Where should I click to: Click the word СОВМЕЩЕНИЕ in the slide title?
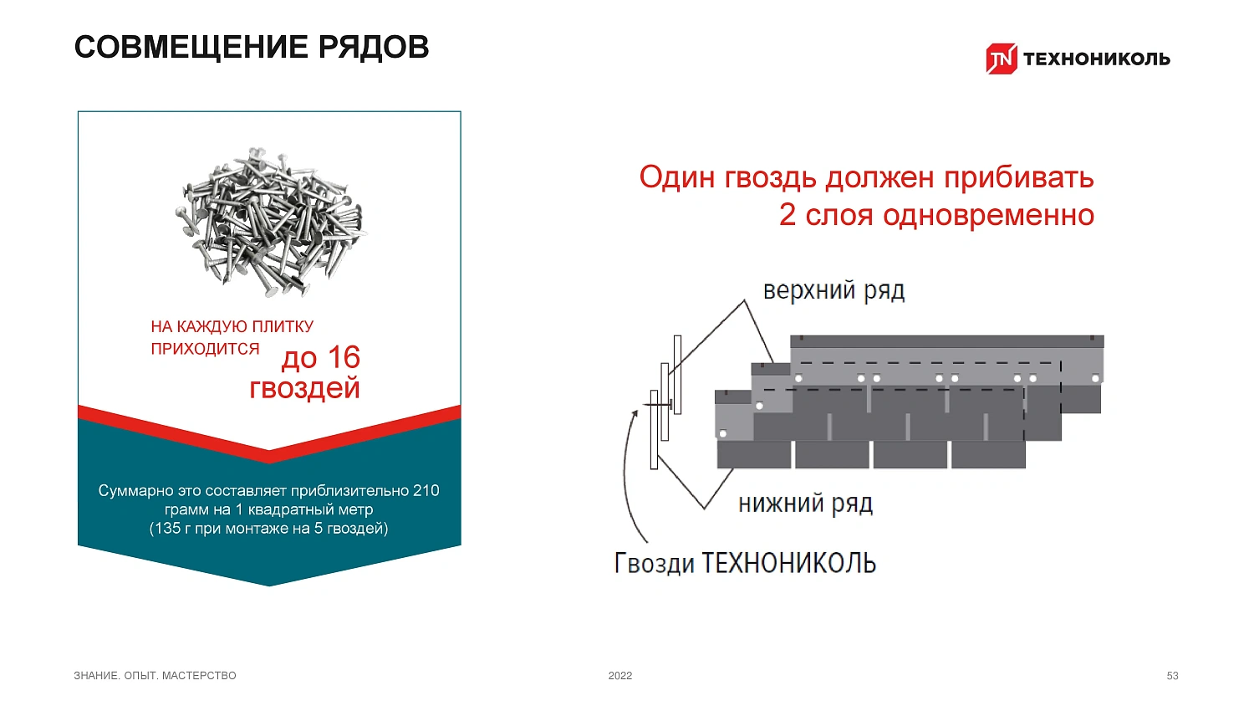coord(191,47)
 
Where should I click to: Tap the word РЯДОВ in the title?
coord(374,47)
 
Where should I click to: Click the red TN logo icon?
coord(1002,59)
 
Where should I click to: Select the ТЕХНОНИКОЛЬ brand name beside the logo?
coord(1097,59)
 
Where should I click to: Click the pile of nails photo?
coord(272,222)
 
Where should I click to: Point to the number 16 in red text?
coord(344,357)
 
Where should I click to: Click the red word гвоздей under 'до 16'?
coord(304,388)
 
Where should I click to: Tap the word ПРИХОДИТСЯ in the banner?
coord(205,349)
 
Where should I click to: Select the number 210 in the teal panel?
coord(426,491)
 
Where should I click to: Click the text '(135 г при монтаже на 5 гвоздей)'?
coord(268,529)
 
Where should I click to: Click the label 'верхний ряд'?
coord(834,291)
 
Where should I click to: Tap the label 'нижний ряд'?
coord(806,504)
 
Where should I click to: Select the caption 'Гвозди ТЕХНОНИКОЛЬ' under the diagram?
coord(745,563)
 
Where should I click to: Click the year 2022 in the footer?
coord(620,676)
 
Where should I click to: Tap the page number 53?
coord(1172,676)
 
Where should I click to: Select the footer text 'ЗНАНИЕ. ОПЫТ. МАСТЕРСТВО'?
coord(155,676)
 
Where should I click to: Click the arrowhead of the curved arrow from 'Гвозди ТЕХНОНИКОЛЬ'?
coord(635,414)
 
